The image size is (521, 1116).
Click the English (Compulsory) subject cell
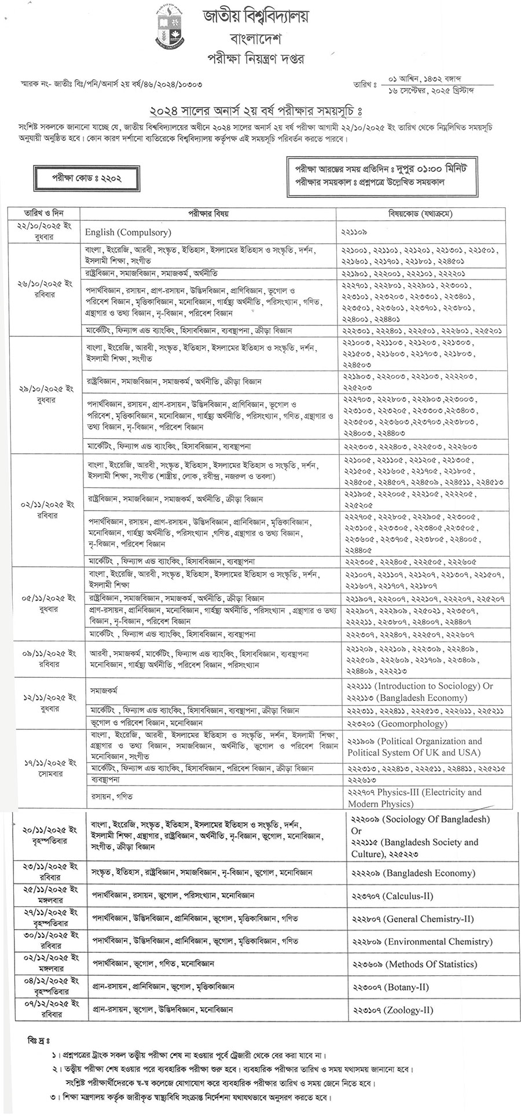pyautogui.click(x=128, y=232)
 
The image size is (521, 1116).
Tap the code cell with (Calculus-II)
pyautogui.click(x=392, y=895)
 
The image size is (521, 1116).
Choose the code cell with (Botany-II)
pyautogui.click(x=390, y=987)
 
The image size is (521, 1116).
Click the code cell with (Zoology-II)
pyautogui.click(x=392, y=1010)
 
